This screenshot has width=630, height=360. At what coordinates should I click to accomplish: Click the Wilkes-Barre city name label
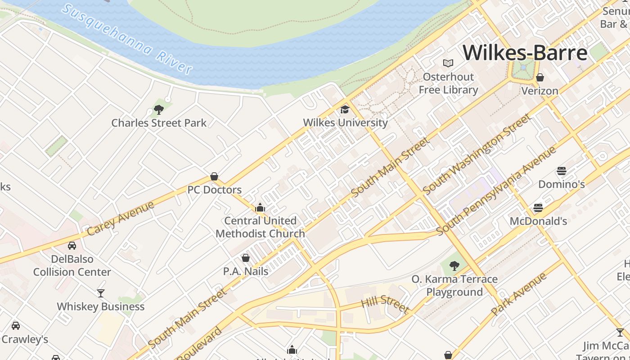click(x=525, y=53)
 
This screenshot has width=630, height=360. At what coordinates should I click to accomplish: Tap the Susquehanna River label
click(x=127, y=39)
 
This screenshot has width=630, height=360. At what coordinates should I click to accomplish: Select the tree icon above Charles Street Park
click(x=158, y=109)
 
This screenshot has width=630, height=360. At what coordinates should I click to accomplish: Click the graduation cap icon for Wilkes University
click(x=345, y=109)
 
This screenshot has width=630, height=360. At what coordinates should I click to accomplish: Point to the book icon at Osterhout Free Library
click(x=448, y=63)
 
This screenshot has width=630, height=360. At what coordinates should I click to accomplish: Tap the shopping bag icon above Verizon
click(x=540, y=77)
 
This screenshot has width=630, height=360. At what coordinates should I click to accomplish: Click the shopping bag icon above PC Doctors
click(x=214, y=176)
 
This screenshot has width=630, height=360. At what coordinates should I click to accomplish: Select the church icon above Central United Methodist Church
click(x=260, y=207)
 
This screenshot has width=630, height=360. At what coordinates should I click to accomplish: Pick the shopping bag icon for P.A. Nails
click(x=245, y=258)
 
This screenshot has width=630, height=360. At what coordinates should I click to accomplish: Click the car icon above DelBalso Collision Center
click(x=72, y=246)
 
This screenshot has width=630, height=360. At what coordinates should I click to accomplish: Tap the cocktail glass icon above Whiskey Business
click(x=101, y=293)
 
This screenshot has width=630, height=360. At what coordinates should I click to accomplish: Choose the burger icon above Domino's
click(x=561, y=171)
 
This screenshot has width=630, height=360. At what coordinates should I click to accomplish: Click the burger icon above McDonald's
click(x=538, y=208)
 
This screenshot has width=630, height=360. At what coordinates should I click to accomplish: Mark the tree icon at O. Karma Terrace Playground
click(x=454, y=266)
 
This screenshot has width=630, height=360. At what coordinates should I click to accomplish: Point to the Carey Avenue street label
click(x=120, y=219)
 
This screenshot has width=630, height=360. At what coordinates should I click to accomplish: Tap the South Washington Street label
click(x=477, y=154)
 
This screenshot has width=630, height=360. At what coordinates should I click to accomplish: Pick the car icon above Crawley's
click(x=16, y=326)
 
